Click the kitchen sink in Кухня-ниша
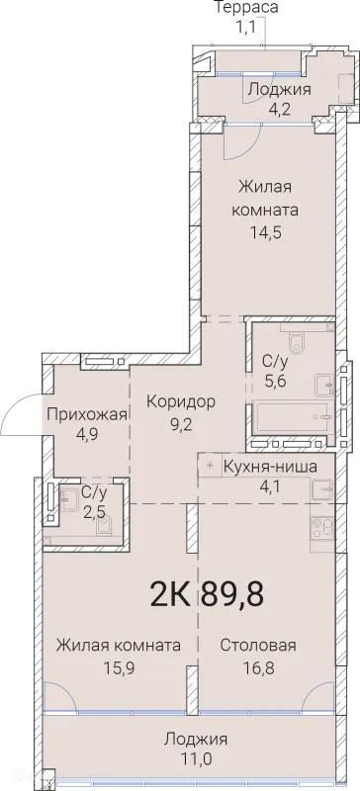click(x=321, y=487)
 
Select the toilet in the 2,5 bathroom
click(x=102, y=526)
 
